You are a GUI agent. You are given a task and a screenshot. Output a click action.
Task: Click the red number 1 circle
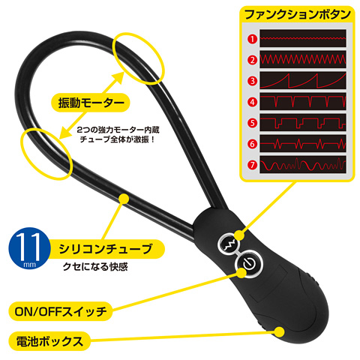(x=252, y=39)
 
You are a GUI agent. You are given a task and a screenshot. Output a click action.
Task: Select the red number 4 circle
(x=252, y=102)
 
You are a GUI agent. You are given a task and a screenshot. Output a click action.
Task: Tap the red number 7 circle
(x=252, y=165)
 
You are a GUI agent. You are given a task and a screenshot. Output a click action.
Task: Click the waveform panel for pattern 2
(x=303, y=59)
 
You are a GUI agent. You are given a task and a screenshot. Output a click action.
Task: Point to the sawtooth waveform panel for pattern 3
(x=303, y=80)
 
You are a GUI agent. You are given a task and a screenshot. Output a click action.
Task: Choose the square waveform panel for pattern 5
(x=303, y=122)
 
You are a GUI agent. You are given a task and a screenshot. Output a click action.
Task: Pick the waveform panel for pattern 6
(x=303, y=143)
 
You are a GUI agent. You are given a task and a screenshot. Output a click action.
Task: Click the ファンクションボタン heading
(x=297, y=14)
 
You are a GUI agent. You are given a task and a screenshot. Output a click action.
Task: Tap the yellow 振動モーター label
(x=91, y=103)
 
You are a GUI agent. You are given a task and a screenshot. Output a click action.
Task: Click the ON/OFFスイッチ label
(x=61, y=311)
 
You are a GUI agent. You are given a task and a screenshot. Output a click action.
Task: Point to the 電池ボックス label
(x=49, y=341)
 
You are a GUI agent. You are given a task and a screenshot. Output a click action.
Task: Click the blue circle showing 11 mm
(x=28, y=248)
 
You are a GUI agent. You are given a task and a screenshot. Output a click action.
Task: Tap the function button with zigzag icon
(x=229, y=244)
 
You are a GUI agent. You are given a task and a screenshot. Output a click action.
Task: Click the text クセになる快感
(x=95, y=267)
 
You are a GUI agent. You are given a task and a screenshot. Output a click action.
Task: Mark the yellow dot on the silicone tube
(x=124, y=199)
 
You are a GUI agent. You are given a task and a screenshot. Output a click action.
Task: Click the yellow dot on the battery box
(x=279, y=332)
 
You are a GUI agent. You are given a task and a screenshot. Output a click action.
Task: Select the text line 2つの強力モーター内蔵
(x=118, y=130)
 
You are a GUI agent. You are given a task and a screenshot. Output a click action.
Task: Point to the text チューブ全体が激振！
(x=118, y=139)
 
